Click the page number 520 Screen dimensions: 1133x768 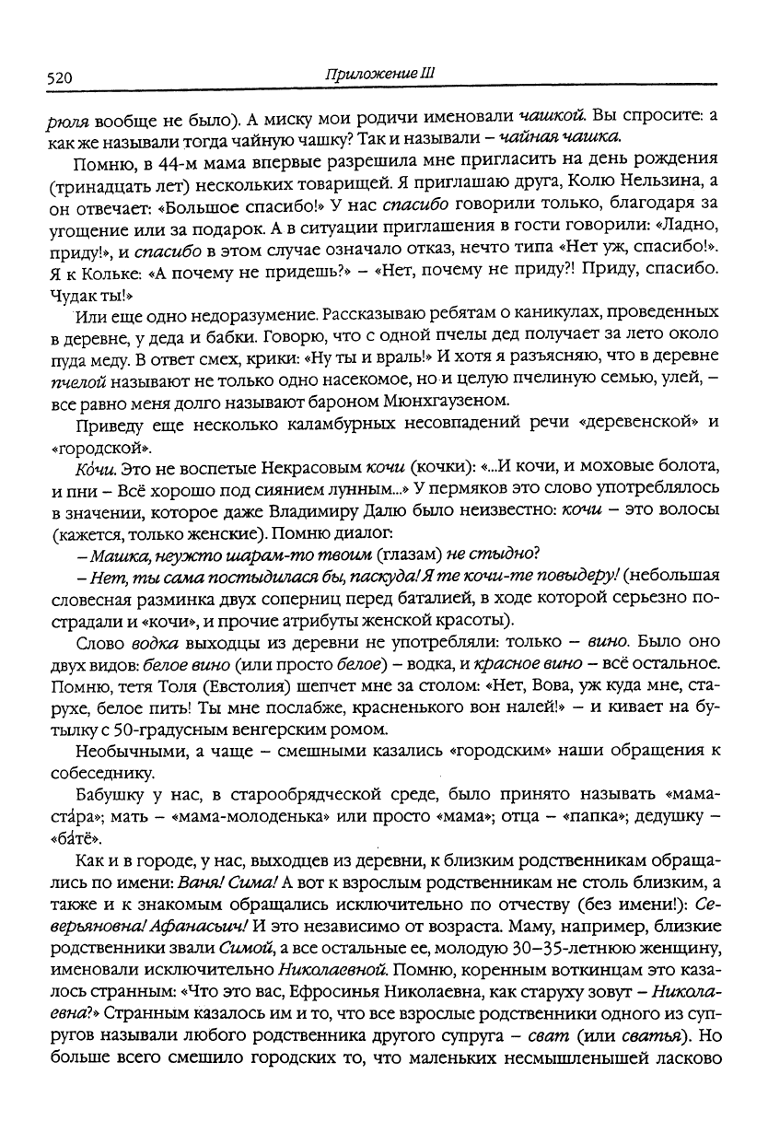click(x=59, y=78)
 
